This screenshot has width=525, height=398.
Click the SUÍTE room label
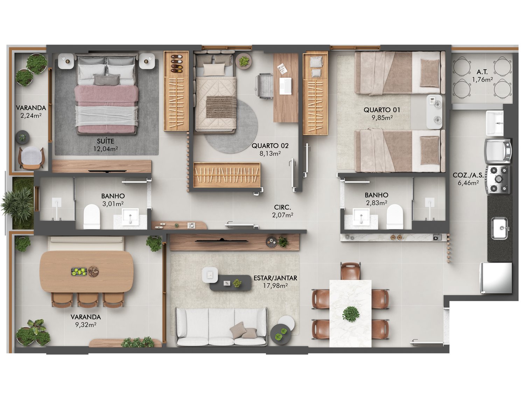[x=105, y=141]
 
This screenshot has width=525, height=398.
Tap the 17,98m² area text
[x=275, y=286]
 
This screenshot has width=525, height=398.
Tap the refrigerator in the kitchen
[x=496, y=278]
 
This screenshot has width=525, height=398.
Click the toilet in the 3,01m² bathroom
[x=92, y=217]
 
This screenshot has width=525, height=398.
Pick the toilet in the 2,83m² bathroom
[x=395, y=216]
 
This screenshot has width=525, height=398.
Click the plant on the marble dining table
[x=350, y=314]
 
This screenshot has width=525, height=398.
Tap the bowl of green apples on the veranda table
[x=79, y=272]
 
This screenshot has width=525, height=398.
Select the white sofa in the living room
[x=221, y=327]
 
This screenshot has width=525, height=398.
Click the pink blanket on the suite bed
[x=106, y=96]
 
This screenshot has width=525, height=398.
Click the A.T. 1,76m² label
[x=482, y=76]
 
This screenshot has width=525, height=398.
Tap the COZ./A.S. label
[x=468, y=175]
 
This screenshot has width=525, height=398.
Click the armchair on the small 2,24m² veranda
[x=31, y=157]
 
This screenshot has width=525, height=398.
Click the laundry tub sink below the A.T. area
[x=495, y=123]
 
